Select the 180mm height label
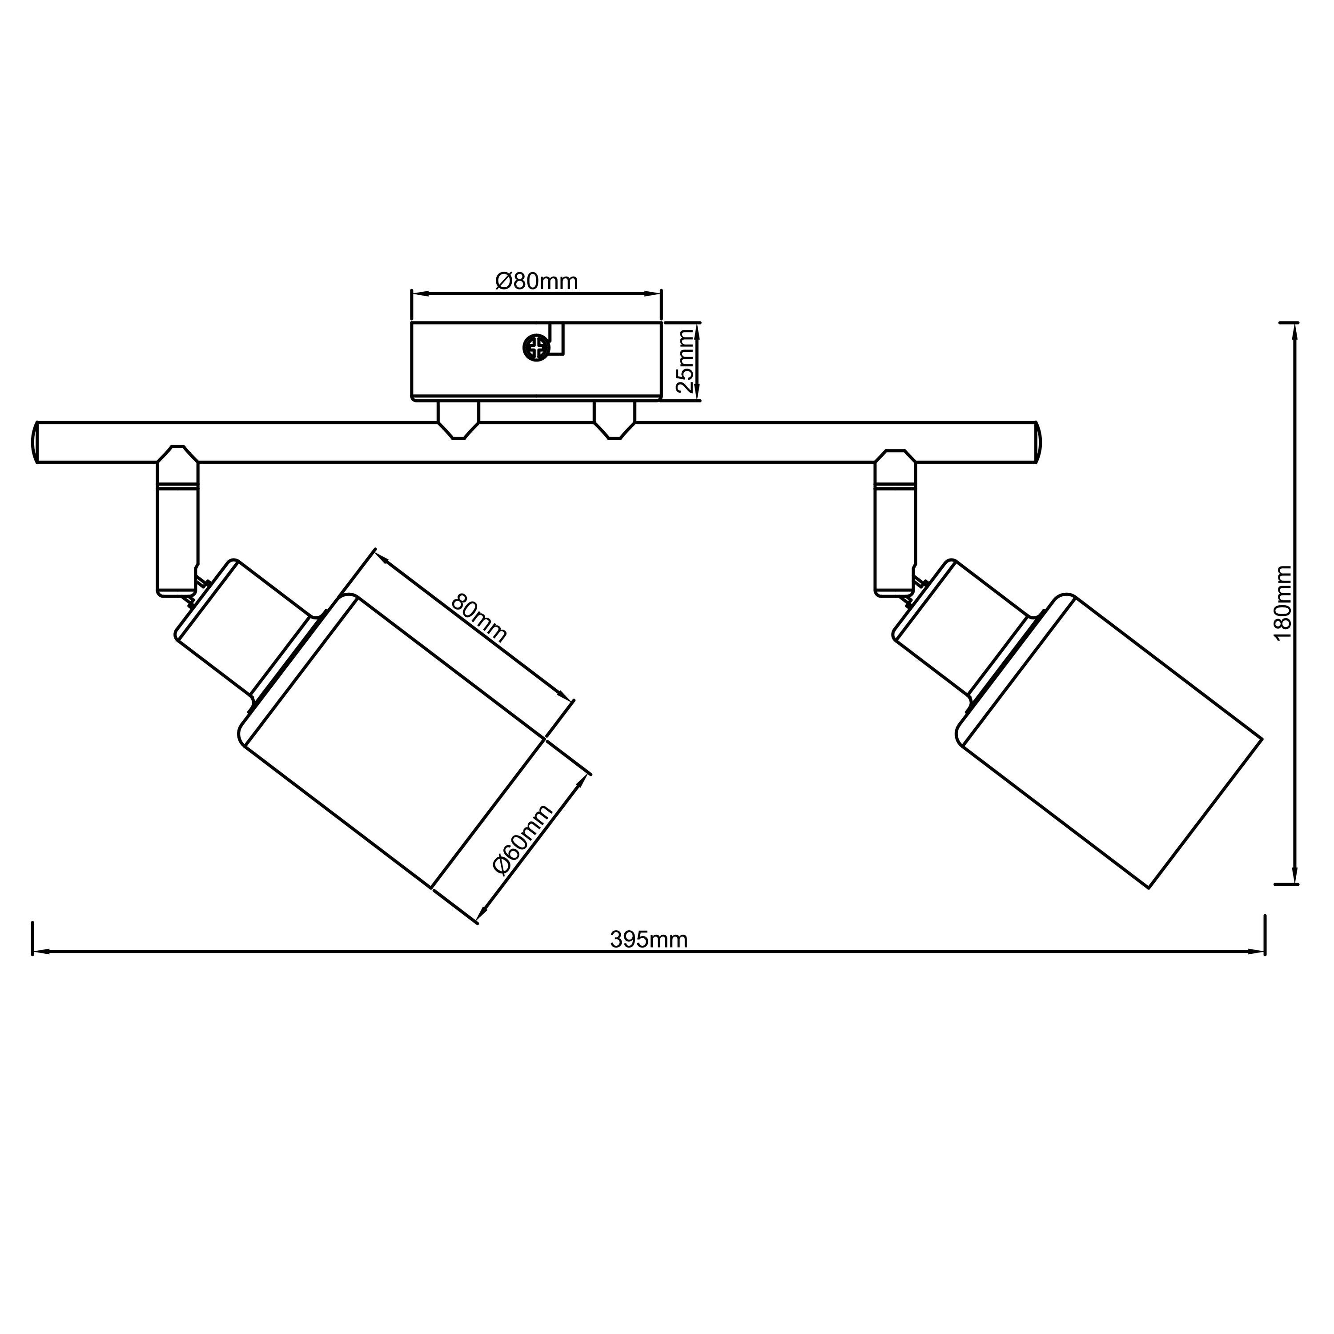coord(1282,603)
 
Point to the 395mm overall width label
coord(649,939)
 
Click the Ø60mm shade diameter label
coord(522,840)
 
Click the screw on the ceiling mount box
coord(536,347)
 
